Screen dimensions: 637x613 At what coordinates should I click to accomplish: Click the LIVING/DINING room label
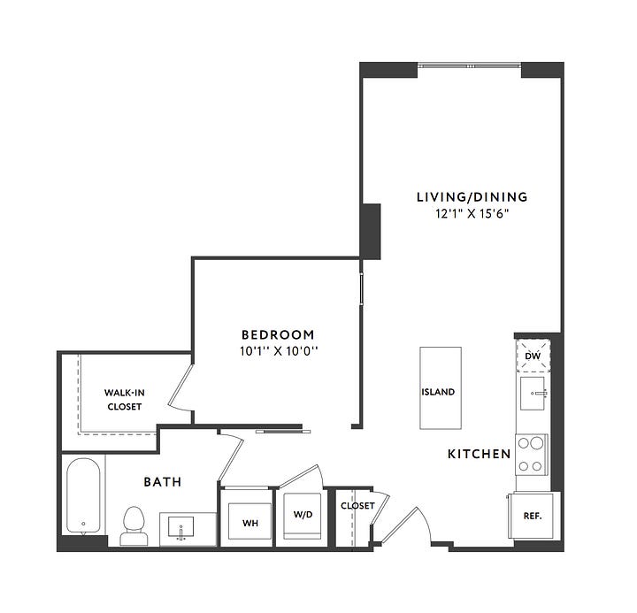tap(472, 197)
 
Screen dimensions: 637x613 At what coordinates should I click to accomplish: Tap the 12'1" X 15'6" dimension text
tap(472, 214)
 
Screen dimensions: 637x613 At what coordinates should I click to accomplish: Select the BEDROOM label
tap(278, 334)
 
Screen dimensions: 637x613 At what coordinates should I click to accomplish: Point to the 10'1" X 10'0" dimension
tap(279, 351)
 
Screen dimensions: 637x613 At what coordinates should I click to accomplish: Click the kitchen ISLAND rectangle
tap(441, 388)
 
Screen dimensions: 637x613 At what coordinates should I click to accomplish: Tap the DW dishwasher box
tap(533, 356)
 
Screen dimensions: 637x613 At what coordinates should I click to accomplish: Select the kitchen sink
tap(533, 393)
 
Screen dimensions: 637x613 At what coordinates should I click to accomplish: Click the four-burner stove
tap(532, 455)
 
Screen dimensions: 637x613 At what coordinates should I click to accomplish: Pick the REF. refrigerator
tap(533, 516)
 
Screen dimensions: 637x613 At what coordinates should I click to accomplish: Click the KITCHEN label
tap(479, 454)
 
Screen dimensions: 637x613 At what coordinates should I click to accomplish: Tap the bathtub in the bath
tap(83, 495)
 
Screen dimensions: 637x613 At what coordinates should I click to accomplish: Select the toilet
tap(134, 526)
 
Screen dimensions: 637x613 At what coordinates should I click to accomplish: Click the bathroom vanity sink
tap(180, 527)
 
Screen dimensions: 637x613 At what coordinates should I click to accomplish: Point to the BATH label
tap(163, 482)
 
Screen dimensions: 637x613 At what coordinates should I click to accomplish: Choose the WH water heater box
tap(249, 521)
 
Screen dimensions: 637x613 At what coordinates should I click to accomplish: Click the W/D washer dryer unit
tap(303, 516)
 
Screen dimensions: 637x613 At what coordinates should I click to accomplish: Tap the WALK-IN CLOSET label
tap(125, 400)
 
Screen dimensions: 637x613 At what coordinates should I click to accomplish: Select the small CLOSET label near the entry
tap(357, 506)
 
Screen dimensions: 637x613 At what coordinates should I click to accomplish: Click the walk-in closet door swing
tap(180, 387)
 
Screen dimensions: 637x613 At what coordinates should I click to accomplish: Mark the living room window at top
tap(469, 65)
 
